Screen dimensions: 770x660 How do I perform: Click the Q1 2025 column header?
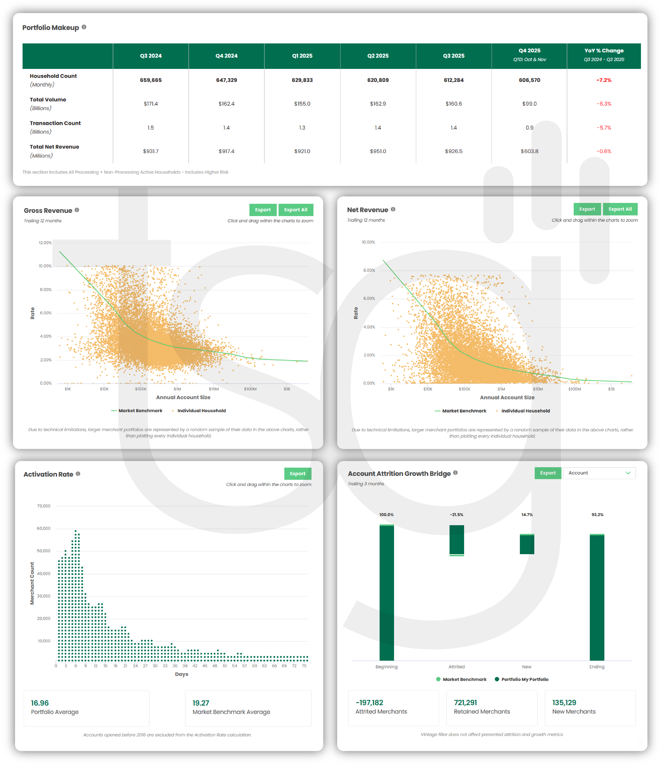click(x=302, y=56)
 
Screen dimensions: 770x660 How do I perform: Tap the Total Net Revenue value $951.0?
click(x=378, y=151)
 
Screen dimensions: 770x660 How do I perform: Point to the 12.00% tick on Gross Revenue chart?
click(x=45, y=243)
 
